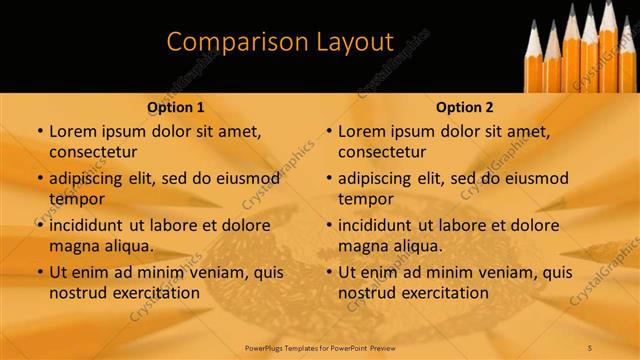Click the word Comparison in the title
tap(224, 42)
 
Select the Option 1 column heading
tap(176, 107)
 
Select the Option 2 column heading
tap(465, 107)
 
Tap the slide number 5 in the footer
tap(590, 347)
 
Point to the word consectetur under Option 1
tap(92, 152)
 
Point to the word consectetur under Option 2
tap(381, 152)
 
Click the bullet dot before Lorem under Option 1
tap(40, 132)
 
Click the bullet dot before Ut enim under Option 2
tap(329, 272)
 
